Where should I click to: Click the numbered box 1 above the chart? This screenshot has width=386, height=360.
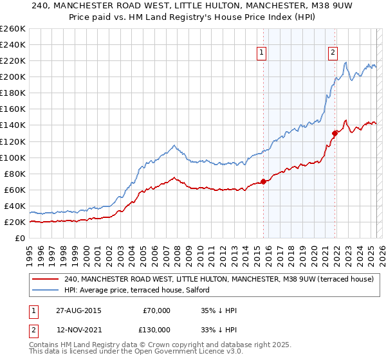click(x=262, y=53)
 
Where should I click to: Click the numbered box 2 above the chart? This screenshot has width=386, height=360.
click(x=333, y=53)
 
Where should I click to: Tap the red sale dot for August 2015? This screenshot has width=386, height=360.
click(x=264, y=181)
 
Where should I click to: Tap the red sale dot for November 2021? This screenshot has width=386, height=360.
click(x=335, y=133)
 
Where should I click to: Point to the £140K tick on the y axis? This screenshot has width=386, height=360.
click(x=13, y=125)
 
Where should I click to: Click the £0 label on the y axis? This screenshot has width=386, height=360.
click(x=21, y=239)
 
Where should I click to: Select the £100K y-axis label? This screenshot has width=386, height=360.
click(x=13, y=157)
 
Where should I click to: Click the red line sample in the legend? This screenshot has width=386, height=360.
click(x=45, y=280)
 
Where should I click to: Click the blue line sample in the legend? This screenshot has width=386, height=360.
click(x=45, y=290)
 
